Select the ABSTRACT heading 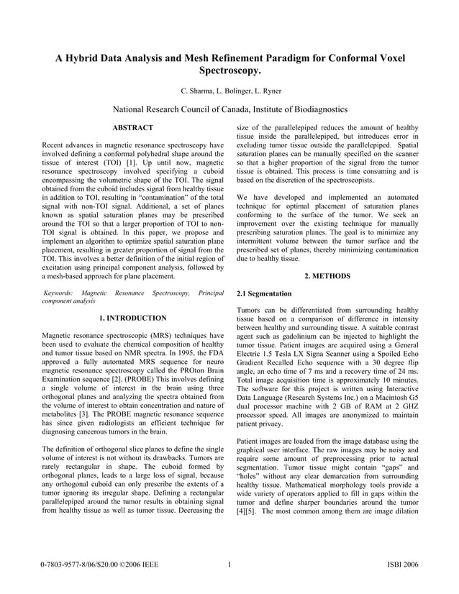[133, 128]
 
